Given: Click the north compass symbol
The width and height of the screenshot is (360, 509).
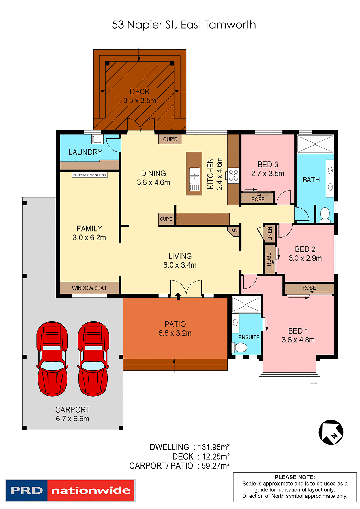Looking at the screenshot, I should click(331, 432).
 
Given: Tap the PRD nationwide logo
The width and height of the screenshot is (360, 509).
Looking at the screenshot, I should click(70, 490).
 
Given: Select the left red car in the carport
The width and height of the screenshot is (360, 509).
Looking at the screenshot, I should click(52, 358).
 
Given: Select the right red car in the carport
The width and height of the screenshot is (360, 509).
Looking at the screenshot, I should click(93, 358).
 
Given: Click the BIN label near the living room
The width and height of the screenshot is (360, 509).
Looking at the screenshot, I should click(234, 231).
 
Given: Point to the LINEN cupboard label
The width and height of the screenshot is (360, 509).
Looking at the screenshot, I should click(270, 234).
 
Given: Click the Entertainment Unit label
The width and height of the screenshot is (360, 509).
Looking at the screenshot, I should click(89, 175).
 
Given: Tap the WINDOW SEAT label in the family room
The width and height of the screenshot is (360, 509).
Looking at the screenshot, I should click(89, 288).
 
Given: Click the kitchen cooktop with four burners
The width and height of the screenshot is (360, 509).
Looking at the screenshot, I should click(233, 175).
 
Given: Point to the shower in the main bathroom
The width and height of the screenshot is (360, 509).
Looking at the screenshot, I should click(315, 144).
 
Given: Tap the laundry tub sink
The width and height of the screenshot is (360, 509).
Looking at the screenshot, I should click(97, 139).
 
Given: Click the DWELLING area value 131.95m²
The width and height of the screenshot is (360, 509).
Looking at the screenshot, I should click(213, 447).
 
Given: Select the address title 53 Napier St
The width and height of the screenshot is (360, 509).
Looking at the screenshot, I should click(184, 25).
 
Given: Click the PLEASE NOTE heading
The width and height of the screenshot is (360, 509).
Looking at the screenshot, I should click(295, 477).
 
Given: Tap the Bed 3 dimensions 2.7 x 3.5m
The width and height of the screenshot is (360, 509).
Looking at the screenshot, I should click(267, 174).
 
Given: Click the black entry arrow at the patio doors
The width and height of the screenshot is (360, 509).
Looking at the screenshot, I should click(178, 296).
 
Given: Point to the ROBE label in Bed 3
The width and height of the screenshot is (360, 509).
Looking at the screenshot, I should click(258, 199).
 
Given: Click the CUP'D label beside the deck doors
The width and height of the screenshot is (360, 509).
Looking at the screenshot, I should click(170, 139).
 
